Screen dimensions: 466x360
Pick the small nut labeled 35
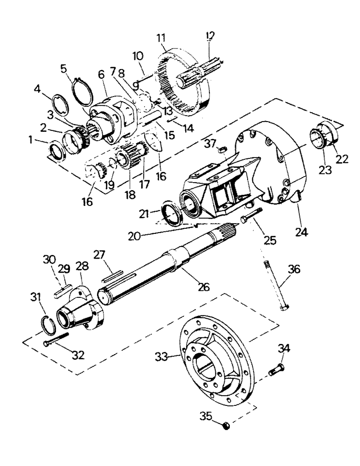click(x=226, y=426)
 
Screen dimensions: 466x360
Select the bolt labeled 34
click(x=277, y=371)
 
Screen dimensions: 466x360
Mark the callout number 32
click(x=78, y=355)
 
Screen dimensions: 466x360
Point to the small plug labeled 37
click(x=223, y=149)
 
